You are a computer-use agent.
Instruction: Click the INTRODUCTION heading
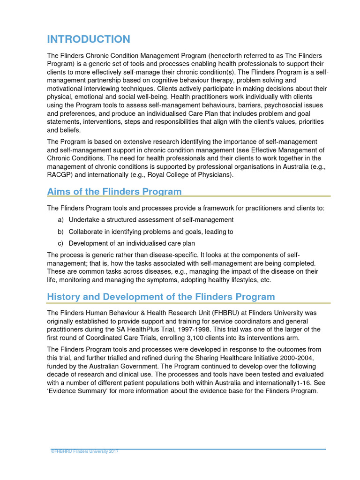[x=89, y=39]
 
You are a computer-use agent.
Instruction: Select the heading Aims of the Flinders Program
[x=114, y=191]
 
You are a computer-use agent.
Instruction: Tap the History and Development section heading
[x=161, y=297]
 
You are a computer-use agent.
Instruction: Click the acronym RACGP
[x=61, y=175]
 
